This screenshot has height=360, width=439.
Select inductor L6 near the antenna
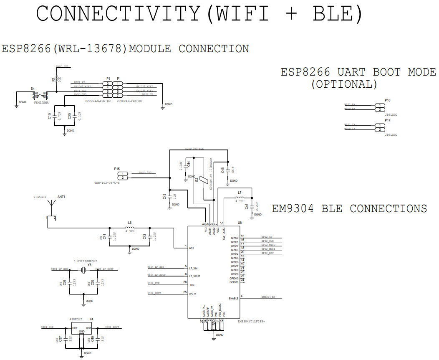[x=130, y=228]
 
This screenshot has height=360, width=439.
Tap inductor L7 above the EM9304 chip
[x=240, y=197]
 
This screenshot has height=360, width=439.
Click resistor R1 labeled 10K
[x=56, y=78]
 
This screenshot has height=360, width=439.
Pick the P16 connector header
[x=379, y=107]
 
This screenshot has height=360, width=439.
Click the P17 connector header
[x=379, y=127]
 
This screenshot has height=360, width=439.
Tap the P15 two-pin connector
[x=124, y=175]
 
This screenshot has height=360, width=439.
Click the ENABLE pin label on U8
[x=234, y=298]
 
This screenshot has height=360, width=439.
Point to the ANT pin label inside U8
[x=192, y=248]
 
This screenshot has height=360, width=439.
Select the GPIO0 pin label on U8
[x=234, y=238]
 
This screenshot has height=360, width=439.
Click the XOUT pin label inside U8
[x=192, y=294]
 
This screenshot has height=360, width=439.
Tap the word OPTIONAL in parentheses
[x=344, y=84]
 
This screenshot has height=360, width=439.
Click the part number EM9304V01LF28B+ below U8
[x=251, y=322]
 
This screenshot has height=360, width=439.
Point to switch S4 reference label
[x=33, y=89]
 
